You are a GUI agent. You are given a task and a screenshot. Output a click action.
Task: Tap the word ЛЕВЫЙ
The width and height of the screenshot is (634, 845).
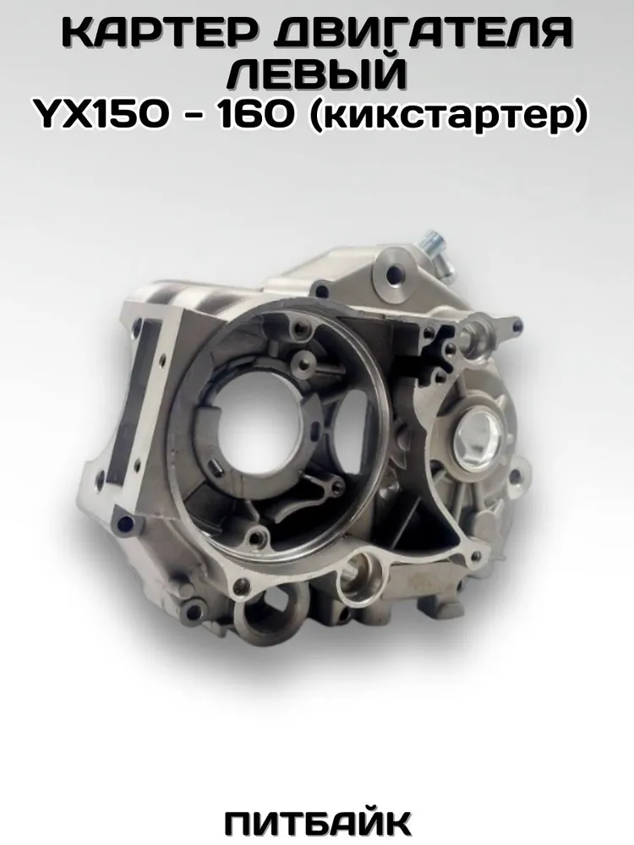pos(316,75)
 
